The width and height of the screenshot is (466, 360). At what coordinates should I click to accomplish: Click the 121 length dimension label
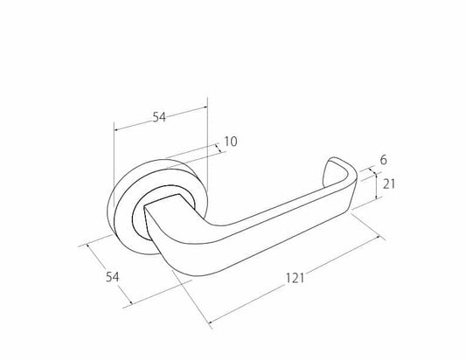point(295,279)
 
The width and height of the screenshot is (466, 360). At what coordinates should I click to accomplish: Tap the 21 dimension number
point(389,184)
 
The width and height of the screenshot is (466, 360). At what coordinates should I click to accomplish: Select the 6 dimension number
point(384,160)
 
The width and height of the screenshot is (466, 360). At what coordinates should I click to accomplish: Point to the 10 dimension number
point(231,142)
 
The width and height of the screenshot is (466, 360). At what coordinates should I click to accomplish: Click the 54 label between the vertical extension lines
point(159,117)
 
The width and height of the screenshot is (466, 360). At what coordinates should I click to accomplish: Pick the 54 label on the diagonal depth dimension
point(112,277)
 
